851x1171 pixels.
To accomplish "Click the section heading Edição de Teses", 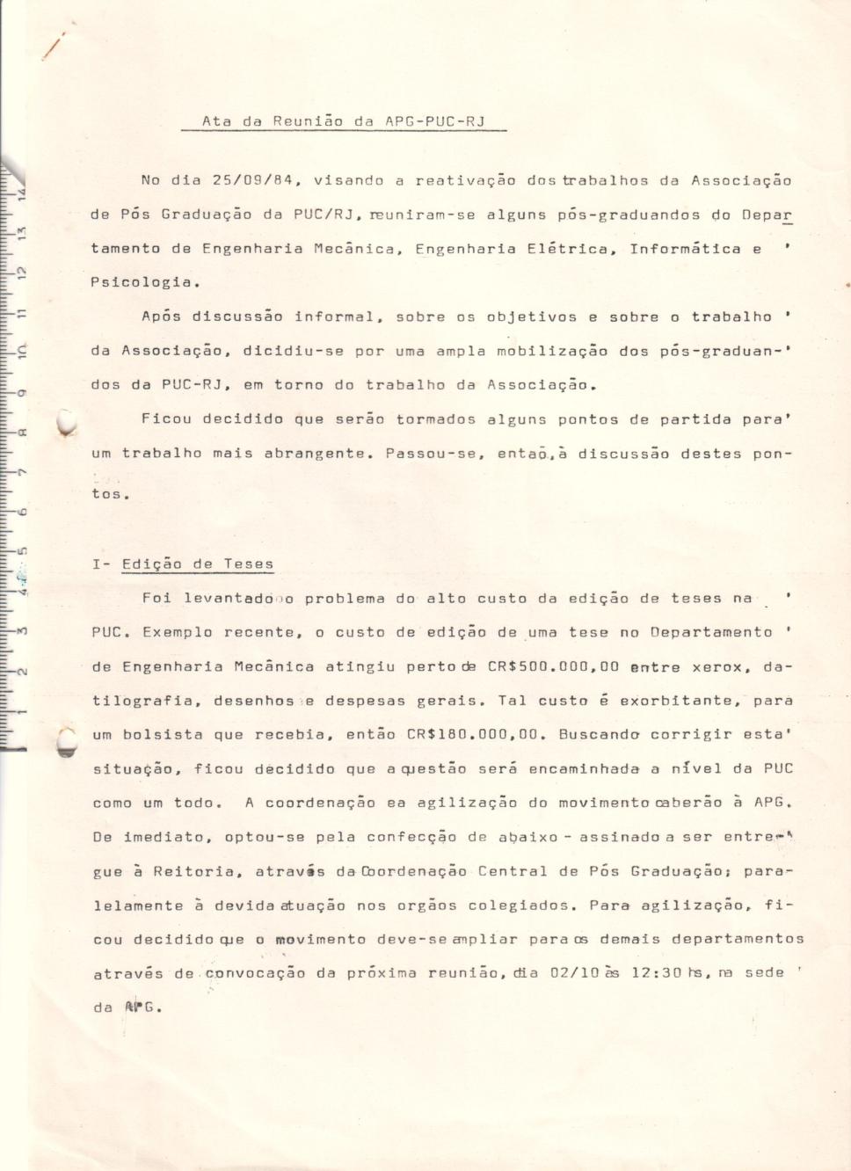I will point(198,564).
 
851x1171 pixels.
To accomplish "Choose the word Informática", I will point(685,249).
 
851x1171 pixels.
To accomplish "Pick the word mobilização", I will point(551,351).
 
